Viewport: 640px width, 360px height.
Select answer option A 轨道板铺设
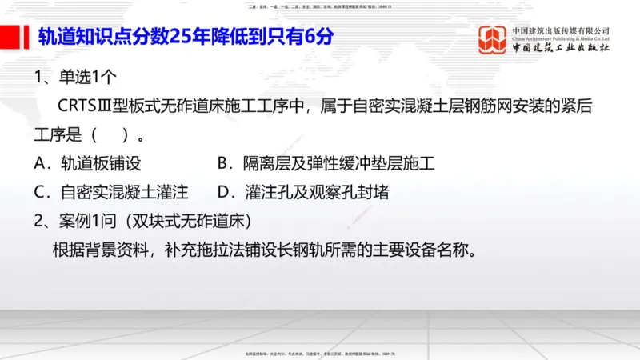88,164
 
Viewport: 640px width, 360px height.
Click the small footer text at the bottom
319,354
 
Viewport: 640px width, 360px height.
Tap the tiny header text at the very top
319,6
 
